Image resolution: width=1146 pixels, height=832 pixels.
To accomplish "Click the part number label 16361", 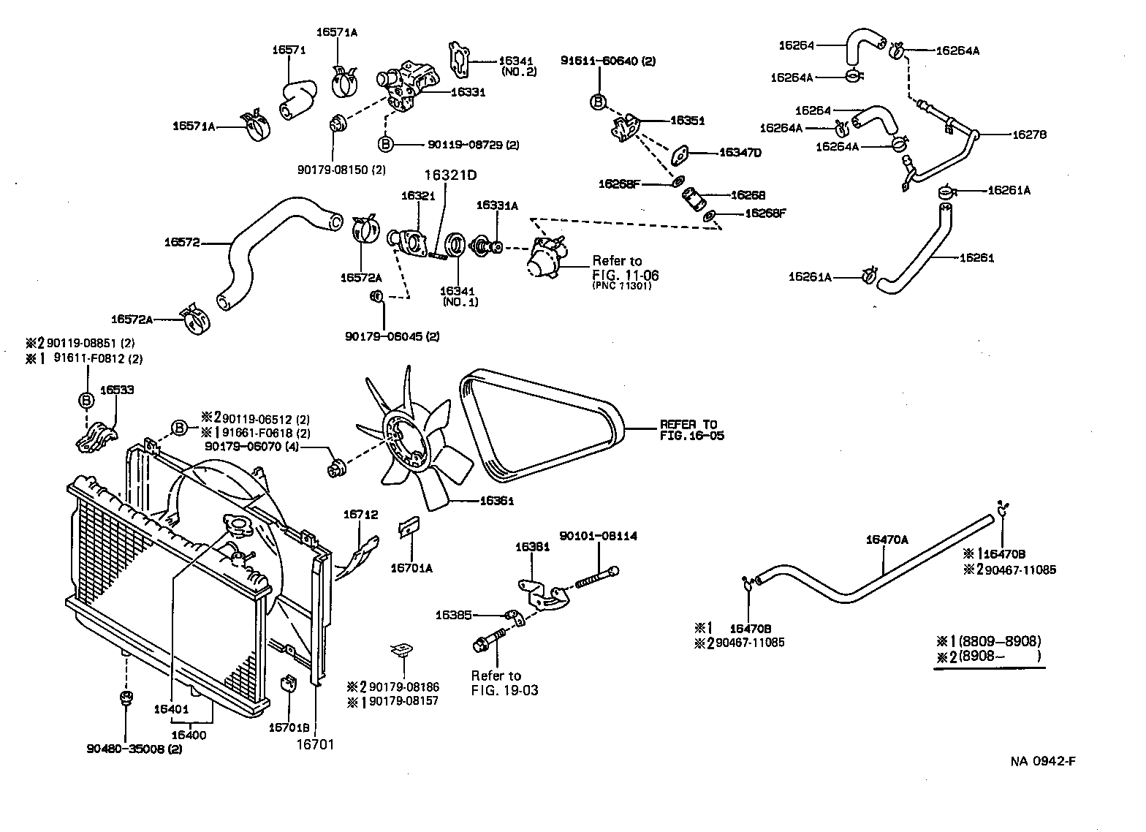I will click(497, 502).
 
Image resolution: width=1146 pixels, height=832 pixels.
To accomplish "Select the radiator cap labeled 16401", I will click(238, 526).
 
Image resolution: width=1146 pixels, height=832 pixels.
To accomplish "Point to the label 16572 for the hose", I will click(182, 242).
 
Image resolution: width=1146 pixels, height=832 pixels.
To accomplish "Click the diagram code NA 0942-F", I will click(1043, 761).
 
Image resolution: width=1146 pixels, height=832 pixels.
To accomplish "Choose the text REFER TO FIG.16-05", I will click(689, 430).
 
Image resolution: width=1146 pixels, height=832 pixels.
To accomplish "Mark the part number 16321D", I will click(450, 175).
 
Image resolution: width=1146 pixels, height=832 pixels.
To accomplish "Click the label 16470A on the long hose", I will click(887, 540).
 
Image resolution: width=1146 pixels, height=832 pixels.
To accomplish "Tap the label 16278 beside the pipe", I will click(1029, 135).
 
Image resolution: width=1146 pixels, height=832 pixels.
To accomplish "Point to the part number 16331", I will click(468, 92).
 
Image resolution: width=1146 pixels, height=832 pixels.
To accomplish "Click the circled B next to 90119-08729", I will click(386, 144).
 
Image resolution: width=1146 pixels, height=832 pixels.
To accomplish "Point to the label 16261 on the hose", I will click(976, 257).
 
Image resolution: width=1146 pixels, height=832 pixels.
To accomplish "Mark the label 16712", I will click(360, 515).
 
